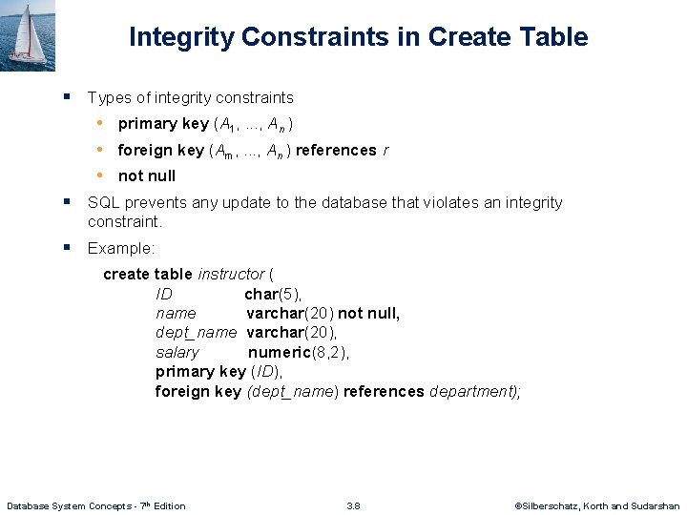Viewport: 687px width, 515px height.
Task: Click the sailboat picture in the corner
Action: coord(27,35)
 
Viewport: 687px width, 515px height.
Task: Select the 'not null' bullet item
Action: coord(147,175)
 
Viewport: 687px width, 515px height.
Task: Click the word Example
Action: coord(120,248)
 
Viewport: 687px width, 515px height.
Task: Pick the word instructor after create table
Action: coord(231,275)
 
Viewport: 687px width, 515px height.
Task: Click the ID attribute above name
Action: coord(164,294)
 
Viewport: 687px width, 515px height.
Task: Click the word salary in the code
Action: coord(177,352)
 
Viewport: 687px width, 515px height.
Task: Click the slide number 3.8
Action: coord(353,505)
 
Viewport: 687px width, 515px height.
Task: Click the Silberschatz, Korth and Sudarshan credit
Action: coord(596,505)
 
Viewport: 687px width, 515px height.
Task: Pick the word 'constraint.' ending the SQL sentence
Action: coord(125,221)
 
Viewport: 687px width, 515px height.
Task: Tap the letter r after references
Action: coord(385,151)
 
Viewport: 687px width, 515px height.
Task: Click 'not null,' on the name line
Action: coord(369,313)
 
